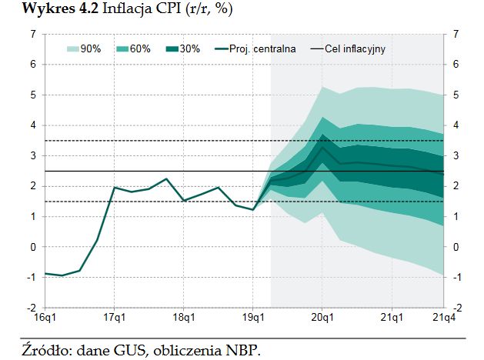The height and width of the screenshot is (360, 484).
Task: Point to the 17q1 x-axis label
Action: (x=114, y=316)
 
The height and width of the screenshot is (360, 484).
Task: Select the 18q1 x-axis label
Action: (x=183, y=316)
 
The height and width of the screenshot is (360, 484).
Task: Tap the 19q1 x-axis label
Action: (x=253, y=316)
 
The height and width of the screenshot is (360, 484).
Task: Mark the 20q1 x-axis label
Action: (x=322, y=316)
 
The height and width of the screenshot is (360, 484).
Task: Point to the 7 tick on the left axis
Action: (x=33, y=34)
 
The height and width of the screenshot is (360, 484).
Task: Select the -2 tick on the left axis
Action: (x=32, y=308)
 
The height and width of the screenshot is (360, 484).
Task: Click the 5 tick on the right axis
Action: (x=456, y=95)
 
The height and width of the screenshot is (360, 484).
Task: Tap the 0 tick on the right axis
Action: (x=456, y=247)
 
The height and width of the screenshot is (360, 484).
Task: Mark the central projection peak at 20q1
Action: (x=322, y=146)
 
